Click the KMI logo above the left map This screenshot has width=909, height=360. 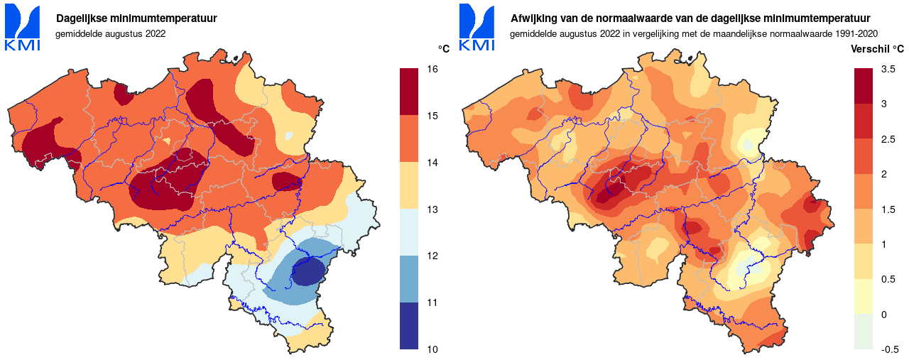(x=23, y=28)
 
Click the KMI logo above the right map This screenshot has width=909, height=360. (x=477, y=28)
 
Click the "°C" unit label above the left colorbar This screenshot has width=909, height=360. (x=444, y=49)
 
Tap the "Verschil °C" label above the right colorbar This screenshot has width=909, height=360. (x=877, y=49)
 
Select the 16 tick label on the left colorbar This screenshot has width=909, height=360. (x=432, y=69)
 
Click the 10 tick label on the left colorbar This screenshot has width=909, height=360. (x=432, y=349)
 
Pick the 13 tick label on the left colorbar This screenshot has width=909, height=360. (x=432, y=209)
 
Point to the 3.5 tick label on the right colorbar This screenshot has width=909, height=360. (x=888, y=69)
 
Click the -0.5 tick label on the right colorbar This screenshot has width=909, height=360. (x=890, y=349)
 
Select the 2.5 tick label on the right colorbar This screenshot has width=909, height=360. (x=888, y=139)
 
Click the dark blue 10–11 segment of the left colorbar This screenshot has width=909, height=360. (x=408, y=326)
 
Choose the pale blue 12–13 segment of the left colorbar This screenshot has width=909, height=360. (x=408, y=232)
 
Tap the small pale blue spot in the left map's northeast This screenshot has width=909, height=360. (x=288, y=136)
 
